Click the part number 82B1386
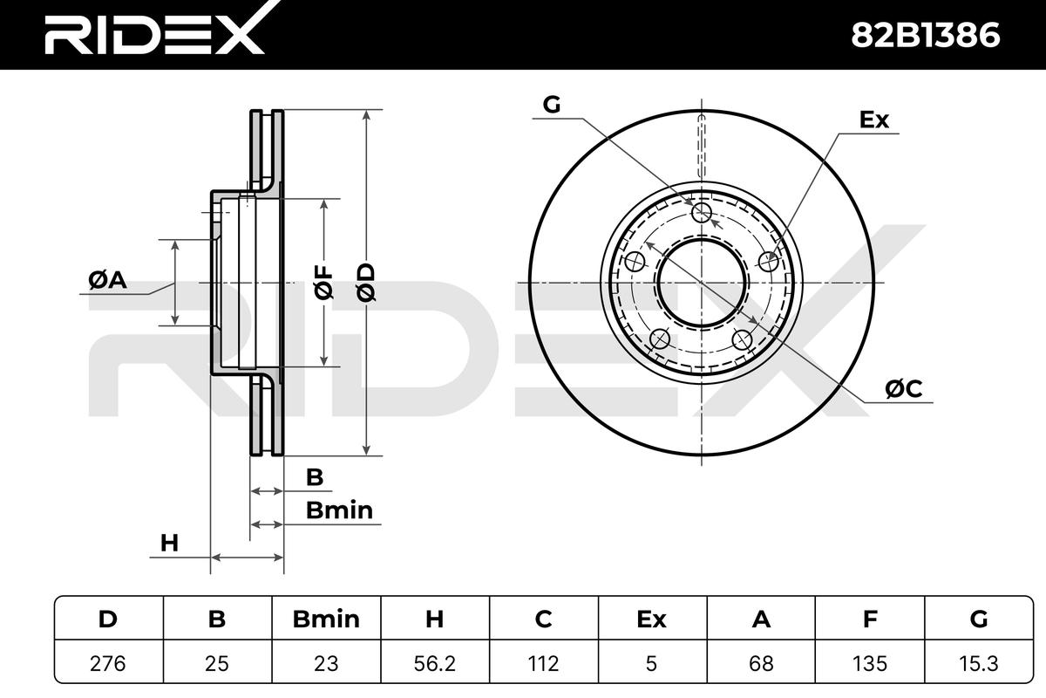coord(926,35)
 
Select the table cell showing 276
coord(108,663)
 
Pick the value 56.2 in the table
coord(435,663)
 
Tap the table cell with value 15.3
coord(979,663)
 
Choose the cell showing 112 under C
coord(544,663)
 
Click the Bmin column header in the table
coord(326,619)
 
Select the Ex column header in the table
coord(652,619)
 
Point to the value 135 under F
coord(870,663)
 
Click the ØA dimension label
coord(107,281)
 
